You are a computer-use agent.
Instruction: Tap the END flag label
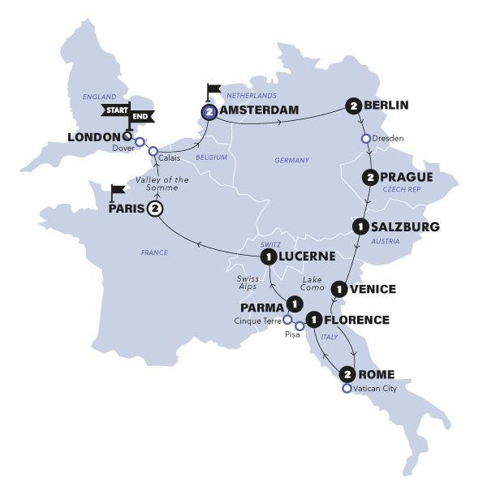(x=141, y=117)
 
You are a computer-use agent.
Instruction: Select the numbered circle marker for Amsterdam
(x=209, y=113)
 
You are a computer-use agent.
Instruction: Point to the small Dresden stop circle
(x=366, y=138)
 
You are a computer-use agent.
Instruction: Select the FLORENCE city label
(x=358, y=320)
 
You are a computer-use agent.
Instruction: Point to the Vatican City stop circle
(x=347, y=389)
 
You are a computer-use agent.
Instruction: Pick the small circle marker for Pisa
(x=300, y=326)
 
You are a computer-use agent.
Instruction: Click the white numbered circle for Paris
(x=155, y=209)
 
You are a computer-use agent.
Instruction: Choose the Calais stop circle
(x=153, y=151)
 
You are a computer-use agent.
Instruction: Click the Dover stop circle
(x=140, y=142)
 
